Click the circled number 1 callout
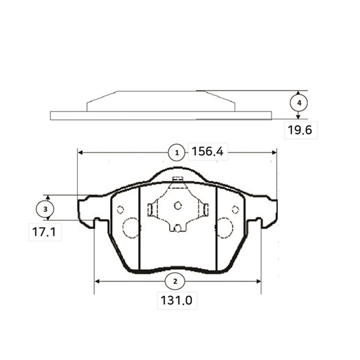176,152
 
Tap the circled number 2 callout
175,281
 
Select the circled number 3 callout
45,209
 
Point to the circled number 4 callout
299,103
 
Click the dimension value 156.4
208,152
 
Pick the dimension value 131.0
176,301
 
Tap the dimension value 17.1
44,232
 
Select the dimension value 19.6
300,130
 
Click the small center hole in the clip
178,205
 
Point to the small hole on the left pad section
121,209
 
